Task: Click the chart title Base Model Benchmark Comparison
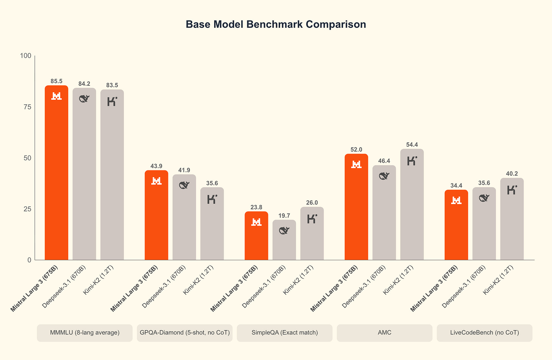276,24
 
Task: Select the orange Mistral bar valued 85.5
56,174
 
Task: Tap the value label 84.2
84,84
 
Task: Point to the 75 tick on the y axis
27,107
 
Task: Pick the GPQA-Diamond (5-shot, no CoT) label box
185,333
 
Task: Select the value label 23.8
256,207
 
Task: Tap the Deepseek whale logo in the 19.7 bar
284,230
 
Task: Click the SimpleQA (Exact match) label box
285,333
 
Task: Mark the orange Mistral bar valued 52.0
356,209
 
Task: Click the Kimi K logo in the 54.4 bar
412,161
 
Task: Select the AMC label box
384,333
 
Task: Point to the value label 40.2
512,174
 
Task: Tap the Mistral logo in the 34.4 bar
456,200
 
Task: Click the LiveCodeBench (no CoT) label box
485,333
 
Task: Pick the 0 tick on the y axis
29,260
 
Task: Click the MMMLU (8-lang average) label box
85,333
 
